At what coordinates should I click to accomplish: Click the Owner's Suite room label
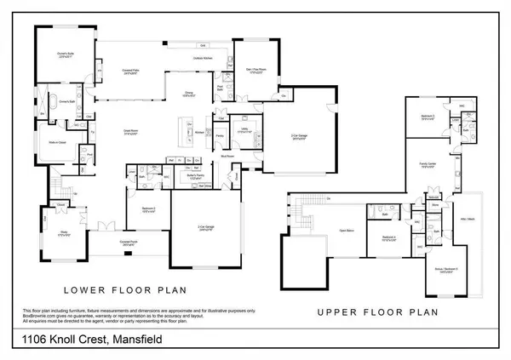[61, 54]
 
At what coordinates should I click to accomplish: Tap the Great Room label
[129, 132]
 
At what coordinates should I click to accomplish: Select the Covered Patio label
[130, 71]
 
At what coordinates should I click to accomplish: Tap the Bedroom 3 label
[428, 117]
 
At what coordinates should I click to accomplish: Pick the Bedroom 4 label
[390, 237]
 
